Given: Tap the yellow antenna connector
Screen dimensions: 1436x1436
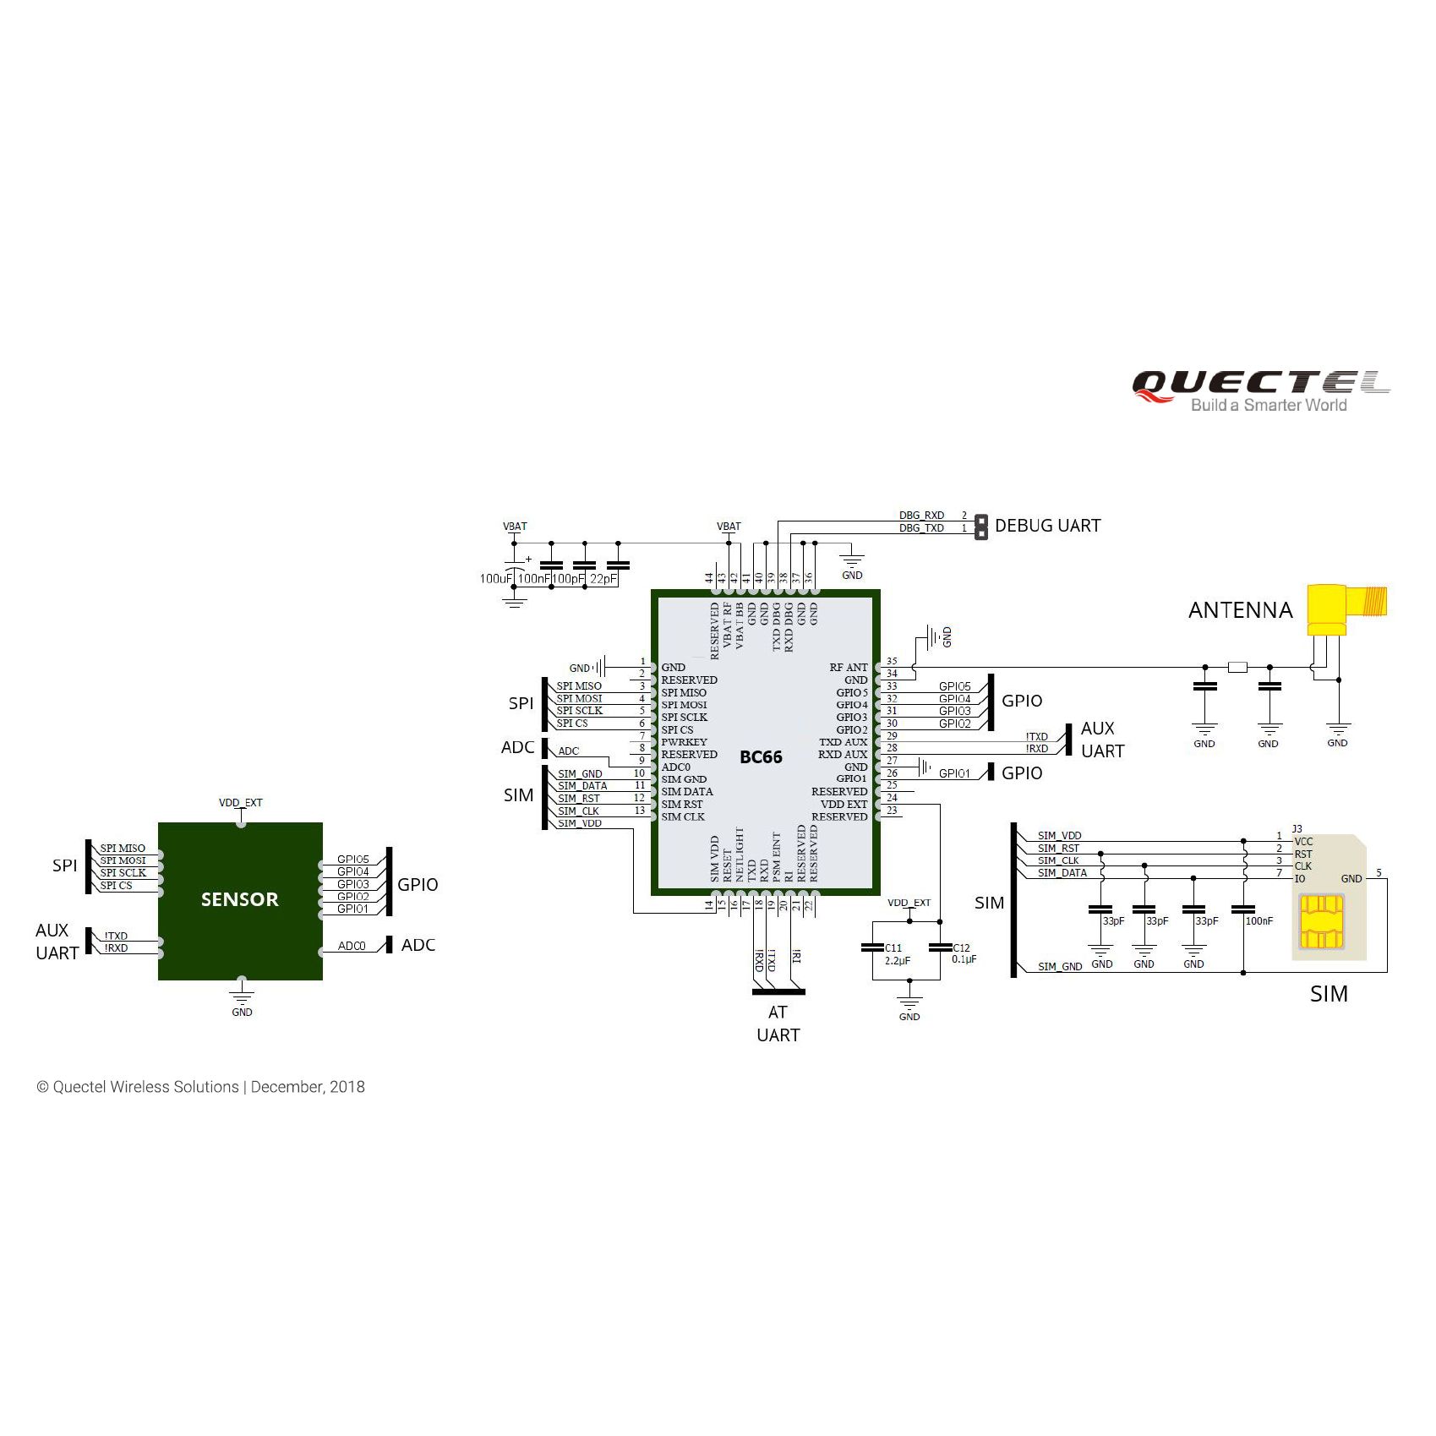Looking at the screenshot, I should point(1343,609).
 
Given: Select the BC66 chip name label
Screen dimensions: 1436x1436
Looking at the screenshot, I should point(761,757).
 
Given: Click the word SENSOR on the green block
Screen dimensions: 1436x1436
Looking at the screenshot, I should point(239,899).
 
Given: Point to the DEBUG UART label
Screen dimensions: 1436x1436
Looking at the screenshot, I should point(1047,526).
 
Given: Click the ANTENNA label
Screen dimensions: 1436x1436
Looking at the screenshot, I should point(1240,610).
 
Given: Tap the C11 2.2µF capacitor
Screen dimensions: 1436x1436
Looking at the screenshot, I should point(873,948).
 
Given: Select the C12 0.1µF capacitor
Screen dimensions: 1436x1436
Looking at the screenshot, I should point(940,948).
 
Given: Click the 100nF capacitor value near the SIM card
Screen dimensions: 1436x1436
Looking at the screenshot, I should point(1259,921).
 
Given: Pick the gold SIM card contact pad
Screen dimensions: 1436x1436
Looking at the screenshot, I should point(1322,922).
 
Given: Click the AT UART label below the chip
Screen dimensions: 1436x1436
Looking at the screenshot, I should point(778,1024).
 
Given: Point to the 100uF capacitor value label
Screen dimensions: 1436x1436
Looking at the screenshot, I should point(496,579).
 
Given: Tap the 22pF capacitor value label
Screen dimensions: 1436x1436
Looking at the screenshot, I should point(603,579).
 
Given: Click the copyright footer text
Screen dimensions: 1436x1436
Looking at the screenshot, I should point(200,1087).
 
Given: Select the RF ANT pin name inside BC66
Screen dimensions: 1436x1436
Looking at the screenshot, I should point(849,668).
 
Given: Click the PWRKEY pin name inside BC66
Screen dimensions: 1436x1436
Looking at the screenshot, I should point(684,742).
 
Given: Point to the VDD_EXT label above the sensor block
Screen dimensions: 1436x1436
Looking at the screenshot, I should point(241,803).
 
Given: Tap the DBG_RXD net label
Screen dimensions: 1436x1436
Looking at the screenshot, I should point(921,516).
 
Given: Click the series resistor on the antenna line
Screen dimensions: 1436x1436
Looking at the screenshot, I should point(1237,668).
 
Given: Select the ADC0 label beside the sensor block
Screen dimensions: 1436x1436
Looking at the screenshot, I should point(352,946).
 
